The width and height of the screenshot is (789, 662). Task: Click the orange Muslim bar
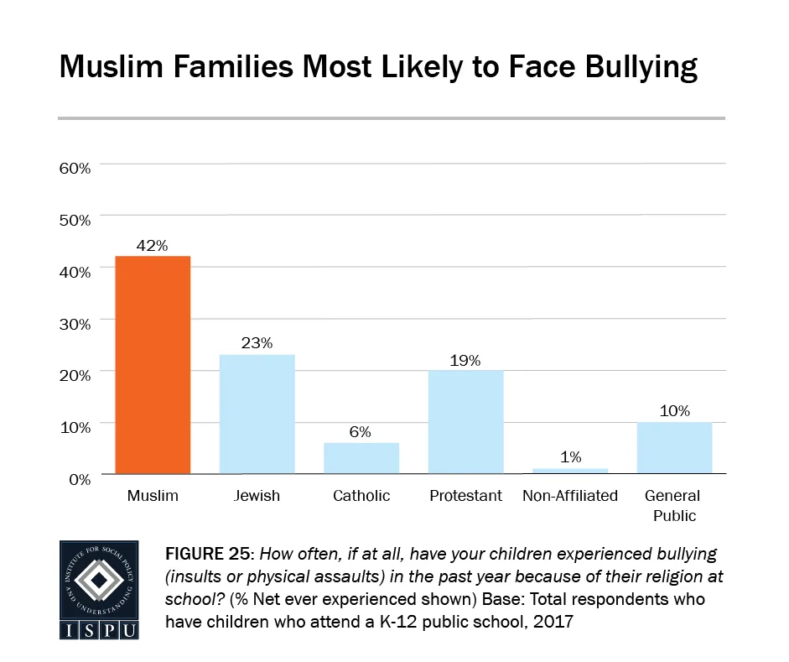(x=153, y=365)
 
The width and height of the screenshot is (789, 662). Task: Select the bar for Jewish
(x=257, y=414)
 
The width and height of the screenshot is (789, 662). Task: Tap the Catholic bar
(x=361, y=458)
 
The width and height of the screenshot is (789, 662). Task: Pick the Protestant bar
(x=465, y=422)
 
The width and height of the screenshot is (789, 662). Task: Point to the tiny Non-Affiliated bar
(x=570, y=471)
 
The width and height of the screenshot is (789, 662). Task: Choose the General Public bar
(x=674, y=448)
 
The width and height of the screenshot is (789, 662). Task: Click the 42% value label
(x=153, y=246)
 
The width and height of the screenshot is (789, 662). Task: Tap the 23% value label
(x=257, y=344)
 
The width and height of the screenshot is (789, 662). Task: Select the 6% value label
(x=361, y=432)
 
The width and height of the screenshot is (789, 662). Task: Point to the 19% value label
(x=465, y=361)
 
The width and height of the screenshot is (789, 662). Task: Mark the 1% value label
(x=570, y=457)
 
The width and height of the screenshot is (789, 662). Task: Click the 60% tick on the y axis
(x=74, y=168)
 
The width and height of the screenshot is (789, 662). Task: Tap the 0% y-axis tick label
(x=78, y=479)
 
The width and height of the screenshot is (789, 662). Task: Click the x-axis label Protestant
(x=465, y=496)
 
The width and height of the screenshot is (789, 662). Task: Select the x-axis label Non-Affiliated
(x=570, y=496)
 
